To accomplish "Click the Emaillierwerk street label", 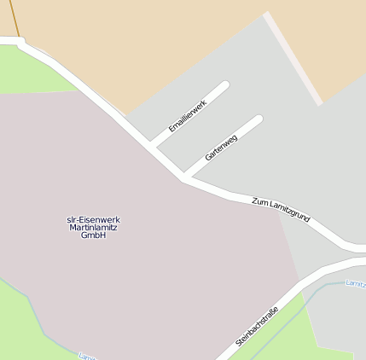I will pyautogui.click(x=188, y=116).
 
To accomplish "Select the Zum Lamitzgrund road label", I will pyautogui.click(x=281, y=210).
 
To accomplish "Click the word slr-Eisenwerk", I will pyautogui.click(x=93, y=220).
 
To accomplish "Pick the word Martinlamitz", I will pyautogui.click(x=93, y=228).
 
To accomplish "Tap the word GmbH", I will pyautogui.click(x=93, y=235).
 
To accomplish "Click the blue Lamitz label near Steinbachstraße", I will pyautogui.click(x=356, y=282).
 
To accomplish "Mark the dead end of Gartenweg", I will pyautogui.click(x=258, y=119).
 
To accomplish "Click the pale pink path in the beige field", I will pyautogui.click(x=293, y=58).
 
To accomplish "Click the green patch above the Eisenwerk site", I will pyautogui.click(x=34, y=73).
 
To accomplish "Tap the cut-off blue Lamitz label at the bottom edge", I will pyautogui.click(x=85, y=356).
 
